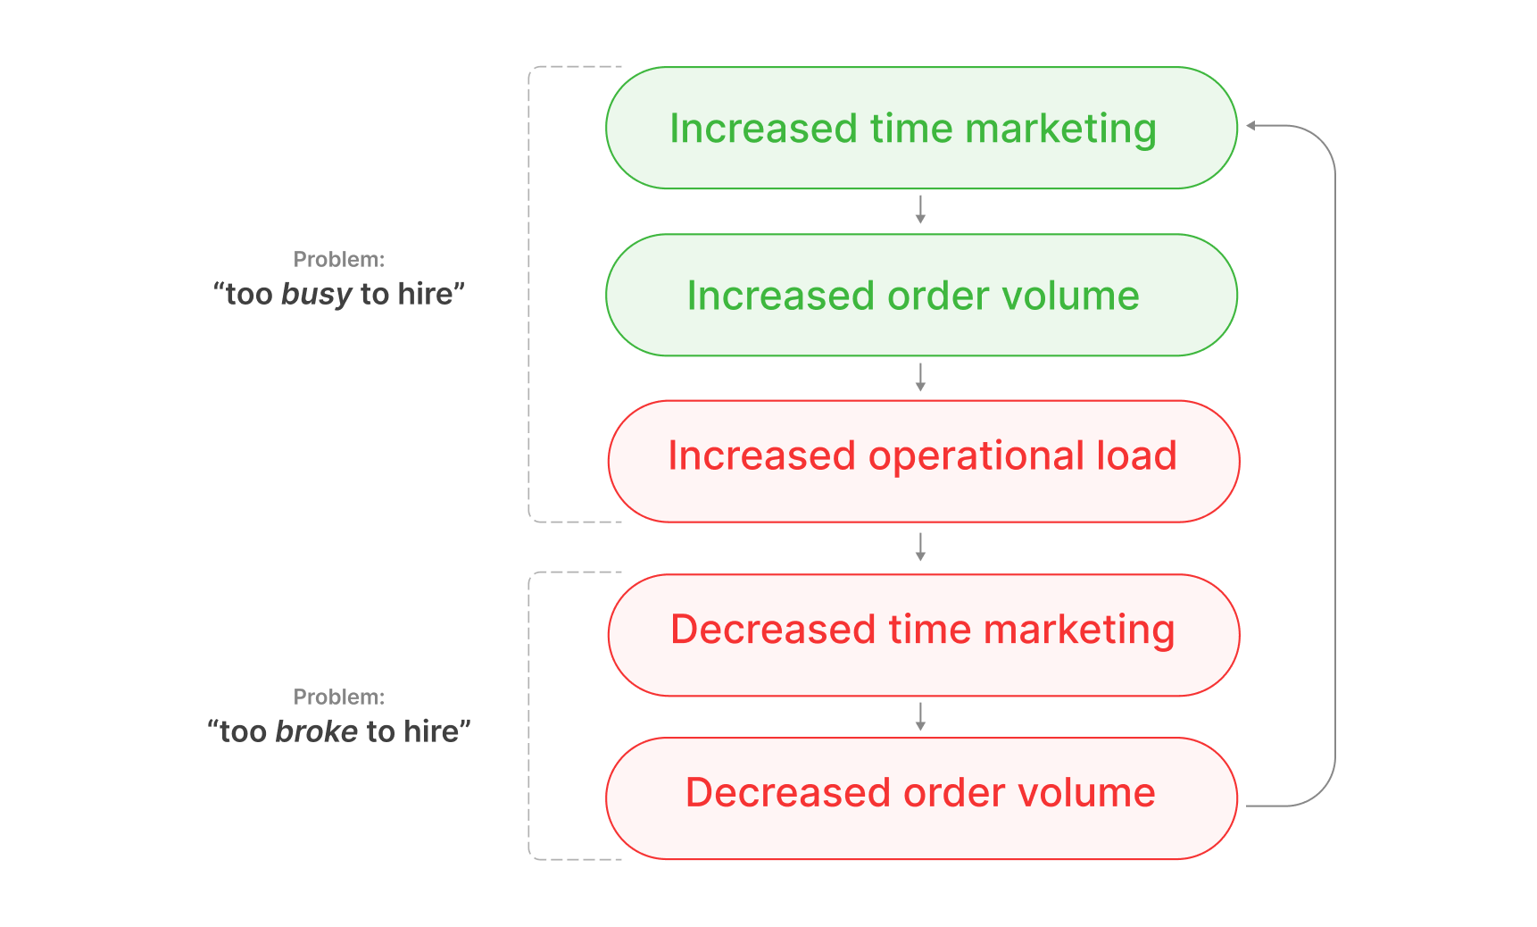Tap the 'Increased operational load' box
[x=923, y=462]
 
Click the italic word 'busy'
[x=316, y=294]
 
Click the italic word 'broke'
[x=316, y=731]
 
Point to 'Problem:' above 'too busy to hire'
[x=339, y=260]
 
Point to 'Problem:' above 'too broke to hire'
[x=339, y=697]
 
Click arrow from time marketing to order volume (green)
[x=920, y=211]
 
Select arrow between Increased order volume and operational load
[x=920, y=378]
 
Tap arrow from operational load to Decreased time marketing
[x=920, y=547]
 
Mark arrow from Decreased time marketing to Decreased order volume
[x=920, y=716]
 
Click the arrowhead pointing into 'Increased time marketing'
[x=1252, y=126]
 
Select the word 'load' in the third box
[x=1136, y=456]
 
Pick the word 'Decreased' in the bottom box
[x=788, y=793]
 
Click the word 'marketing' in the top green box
[x=1060, y=129]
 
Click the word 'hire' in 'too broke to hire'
[x=431, y=731]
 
